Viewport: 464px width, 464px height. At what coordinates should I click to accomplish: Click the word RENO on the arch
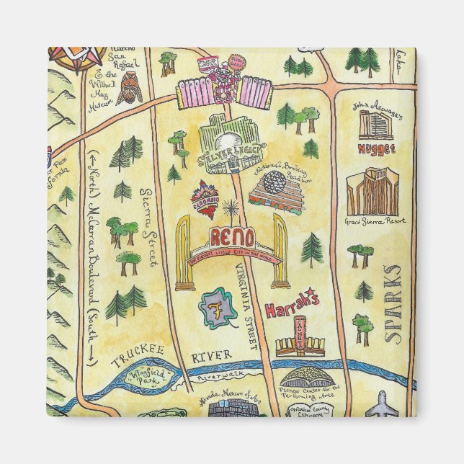(x=231, y=237)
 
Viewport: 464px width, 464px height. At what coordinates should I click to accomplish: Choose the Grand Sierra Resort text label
(x=372, y=220)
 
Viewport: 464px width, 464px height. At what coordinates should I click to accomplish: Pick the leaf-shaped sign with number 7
(x=214, y=307)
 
